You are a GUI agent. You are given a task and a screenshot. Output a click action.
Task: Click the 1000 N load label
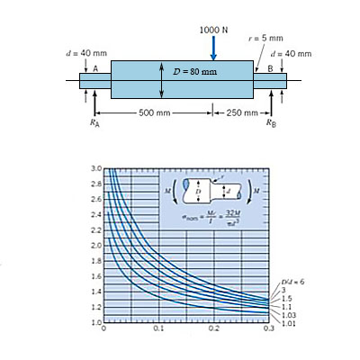point(214,29)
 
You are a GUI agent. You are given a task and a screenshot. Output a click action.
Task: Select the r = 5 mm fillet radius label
point(266,39)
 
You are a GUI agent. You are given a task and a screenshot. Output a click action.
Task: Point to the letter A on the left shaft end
point(94,68)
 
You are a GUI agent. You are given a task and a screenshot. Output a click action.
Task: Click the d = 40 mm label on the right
point(292,53)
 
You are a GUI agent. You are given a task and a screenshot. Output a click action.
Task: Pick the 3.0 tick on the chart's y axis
point(95,169)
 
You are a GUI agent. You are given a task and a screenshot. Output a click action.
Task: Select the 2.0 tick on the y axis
point(95,245)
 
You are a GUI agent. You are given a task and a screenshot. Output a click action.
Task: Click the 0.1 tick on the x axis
point(159,329)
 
